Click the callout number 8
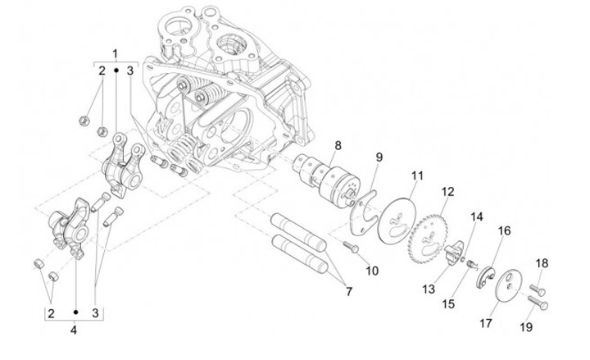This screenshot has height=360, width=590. (338, 145)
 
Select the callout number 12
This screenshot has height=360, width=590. (447, 191)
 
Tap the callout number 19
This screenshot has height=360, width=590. (526, 327)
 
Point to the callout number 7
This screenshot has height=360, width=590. (349, 291)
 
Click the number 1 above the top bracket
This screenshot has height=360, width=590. (116, 53)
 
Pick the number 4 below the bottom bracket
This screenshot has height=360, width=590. (74, 330)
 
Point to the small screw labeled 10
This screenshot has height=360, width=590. (351, 247)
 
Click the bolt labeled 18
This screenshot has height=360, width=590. (538, 289)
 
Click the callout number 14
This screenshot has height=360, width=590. (476, 217)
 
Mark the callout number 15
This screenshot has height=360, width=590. (448, 303)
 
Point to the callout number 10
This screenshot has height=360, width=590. (372, 271)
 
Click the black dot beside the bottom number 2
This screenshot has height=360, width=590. (75, 312)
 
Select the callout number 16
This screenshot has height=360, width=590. (504, 230)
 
